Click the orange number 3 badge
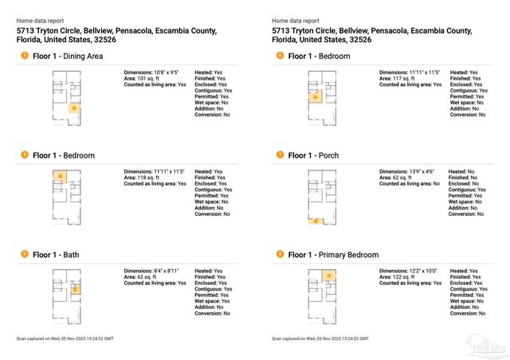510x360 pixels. pos(24,56)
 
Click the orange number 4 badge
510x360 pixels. pos(24,155)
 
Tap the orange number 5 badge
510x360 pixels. pos(24,254)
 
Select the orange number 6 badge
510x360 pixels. pos(279,56)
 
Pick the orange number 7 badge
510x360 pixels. pos(279,155)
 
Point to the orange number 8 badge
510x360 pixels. pos(279,254)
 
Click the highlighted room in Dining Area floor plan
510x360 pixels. pos(73,107)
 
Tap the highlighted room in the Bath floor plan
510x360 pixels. pos(73,290)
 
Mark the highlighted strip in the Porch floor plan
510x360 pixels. pos(316,221)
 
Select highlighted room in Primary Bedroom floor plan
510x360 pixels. pos(327,276)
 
